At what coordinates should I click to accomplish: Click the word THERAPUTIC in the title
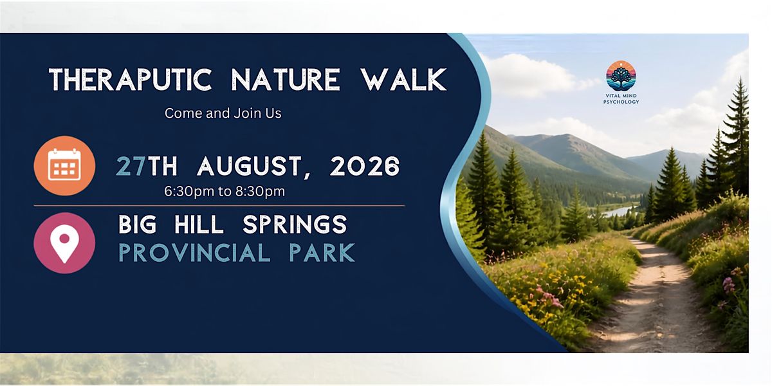click(x=130, y=79)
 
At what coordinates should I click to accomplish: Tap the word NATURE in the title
click(x=286, y=79)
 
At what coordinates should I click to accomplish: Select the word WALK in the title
click(x=403, y=79)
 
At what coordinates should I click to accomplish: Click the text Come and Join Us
click(x=223, y=113)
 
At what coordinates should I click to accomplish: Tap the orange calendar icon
click(x=64, y=166)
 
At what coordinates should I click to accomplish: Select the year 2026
click(x=365, y=166)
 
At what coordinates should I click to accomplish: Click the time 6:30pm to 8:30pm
click(x=225, y=191)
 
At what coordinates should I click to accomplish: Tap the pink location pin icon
click(x=64, y=243)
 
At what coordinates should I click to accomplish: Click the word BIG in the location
click(x=138, y=225)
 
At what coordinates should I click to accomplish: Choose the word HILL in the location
click(x=199, y=225)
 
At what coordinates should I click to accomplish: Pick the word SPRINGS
click(x=295, y=225)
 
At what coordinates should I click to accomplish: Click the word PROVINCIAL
click(x=194, y=253)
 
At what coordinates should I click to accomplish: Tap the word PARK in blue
click(x=322, y=253)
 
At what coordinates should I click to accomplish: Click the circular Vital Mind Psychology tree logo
click(x=621, y=76)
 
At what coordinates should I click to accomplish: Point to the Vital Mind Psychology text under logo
click(x=621, y=99)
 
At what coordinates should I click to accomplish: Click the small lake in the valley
click(x=617, y=211)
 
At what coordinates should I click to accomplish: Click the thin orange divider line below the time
click(x=219, y=206)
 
